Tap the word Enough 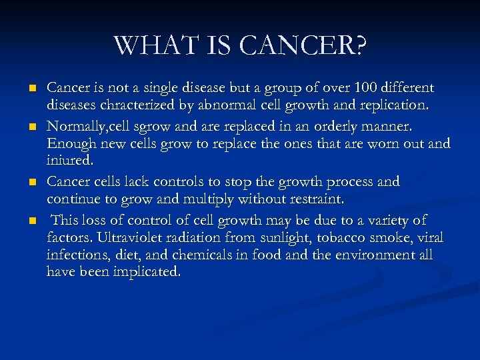coord(71,143)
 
